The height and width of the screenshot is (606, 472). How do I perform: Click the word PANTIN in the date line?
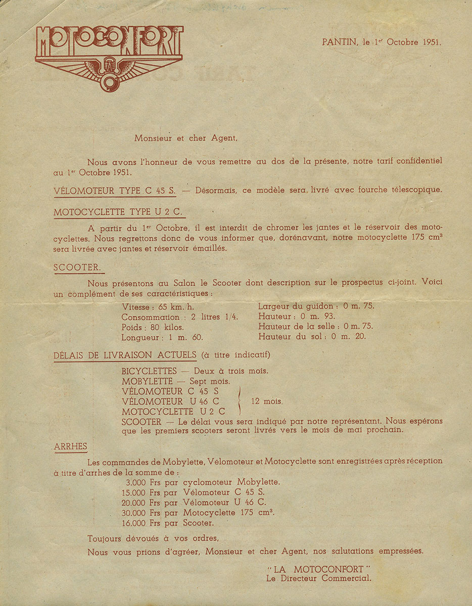[x=339, y=42]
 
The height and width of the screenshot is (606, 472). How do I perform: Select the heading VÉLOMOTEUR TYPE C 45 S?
[x=115, y=190]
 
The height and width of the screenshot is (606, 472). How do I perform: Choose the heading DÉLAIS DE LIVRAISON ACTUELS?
[x=125, y=355]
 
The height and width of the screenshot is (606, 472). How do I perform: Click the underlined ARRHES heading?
[x=70, y=446]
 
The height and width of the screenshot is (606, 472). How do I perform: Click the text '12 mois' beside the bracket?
[x=266, y=401]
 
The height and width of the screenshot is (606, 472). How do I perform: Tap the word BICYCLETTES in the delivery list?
[x=149, y=371]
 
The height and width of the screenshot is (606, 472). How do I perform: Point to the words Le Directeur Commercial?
[x=318, y=579]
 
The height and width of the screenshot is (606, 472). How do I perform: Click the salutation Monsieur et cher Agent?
[x=185, y=138]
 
